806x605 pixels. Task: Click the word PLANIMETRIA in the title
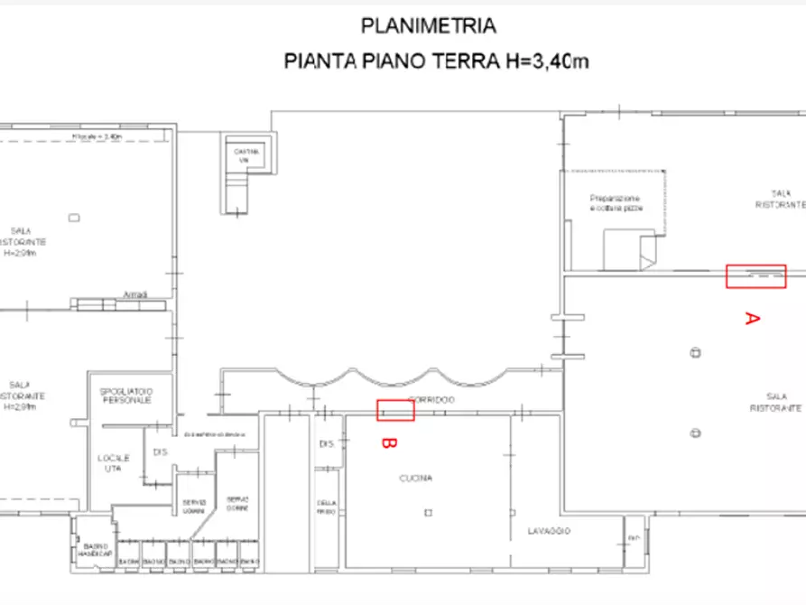[x=428, y=26]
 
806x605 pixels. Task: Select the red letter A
[x=752, y=318]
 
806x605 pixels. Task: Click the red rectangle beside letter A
[x=756, y=276]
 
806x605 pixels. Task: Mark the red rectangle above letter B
[x=395, y=410]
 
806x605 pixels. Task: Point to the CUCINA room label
[x=417, y=479]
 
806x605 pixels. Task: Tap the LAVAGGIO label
[x=550, y=531]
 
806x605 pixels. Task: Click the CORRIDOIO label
[x=432, y=399]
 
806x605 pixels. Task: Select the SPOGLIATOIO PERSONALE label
[x=127, y=396]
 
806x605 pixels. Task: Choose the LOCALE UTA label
[x=115, y=463]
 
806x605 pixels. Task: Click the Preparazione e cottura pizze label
[x=616, y=203]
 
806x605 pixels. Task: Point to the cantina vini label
[x=246, y=155]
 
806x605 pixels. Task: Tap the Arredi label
[x=134, y=295]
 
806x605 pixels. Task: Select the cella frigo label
[x=326, y=507]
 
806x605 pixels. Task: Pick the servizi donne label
[x=237, y=502]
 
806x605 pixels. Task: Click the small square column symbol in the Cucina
[x=429, y=513]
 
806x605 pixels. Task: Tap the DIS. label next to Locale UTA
[x=161, y=451]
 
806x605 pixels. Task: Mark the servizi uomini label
[x=195, y=505]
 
